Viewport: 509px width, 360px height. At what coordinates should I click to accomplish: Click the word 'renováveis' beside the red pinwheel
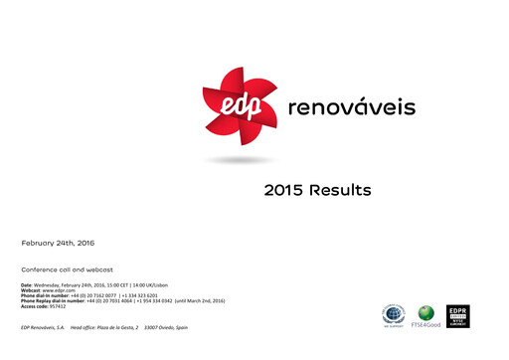click(351, 106)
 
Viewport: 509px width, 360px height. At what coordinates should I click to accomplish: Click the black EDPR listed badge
click(458, 316)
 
